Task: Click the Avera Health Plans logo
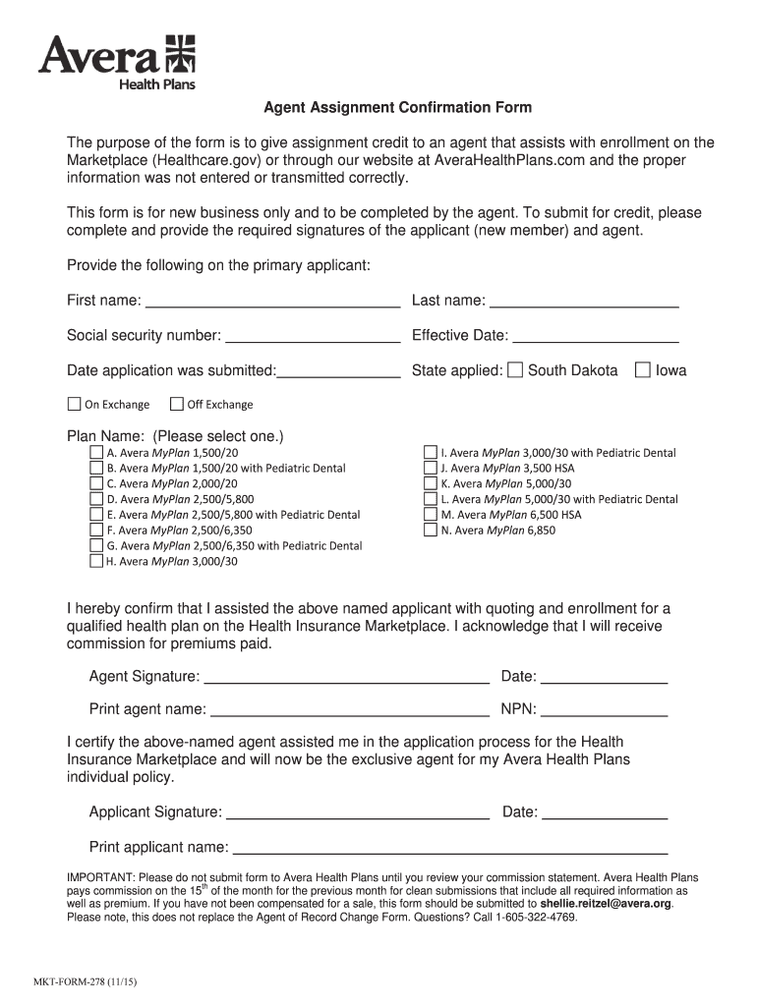pos(117,61)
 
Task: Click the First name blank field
pos(272,301)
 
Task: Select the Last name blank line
pos(584,301)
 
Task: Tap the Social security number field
pos(313,336)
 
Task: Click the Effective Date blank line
pos(595,336)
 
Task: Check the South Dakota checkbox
pos(515,370)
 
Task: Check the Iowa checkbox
pos(643,370)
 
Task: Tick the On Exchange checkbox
pos(74,404)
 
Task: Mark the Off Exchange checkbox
pos(177,404)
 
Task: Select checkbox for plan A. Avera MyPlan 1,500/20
pos(96,452)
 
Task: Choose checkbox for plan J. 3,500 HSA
pos(430,468)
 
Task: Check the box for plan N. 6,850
pos(430,530)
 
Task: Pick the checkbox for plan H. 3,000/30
pos(96,561)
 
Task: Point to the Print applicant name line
pos(449,848)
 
